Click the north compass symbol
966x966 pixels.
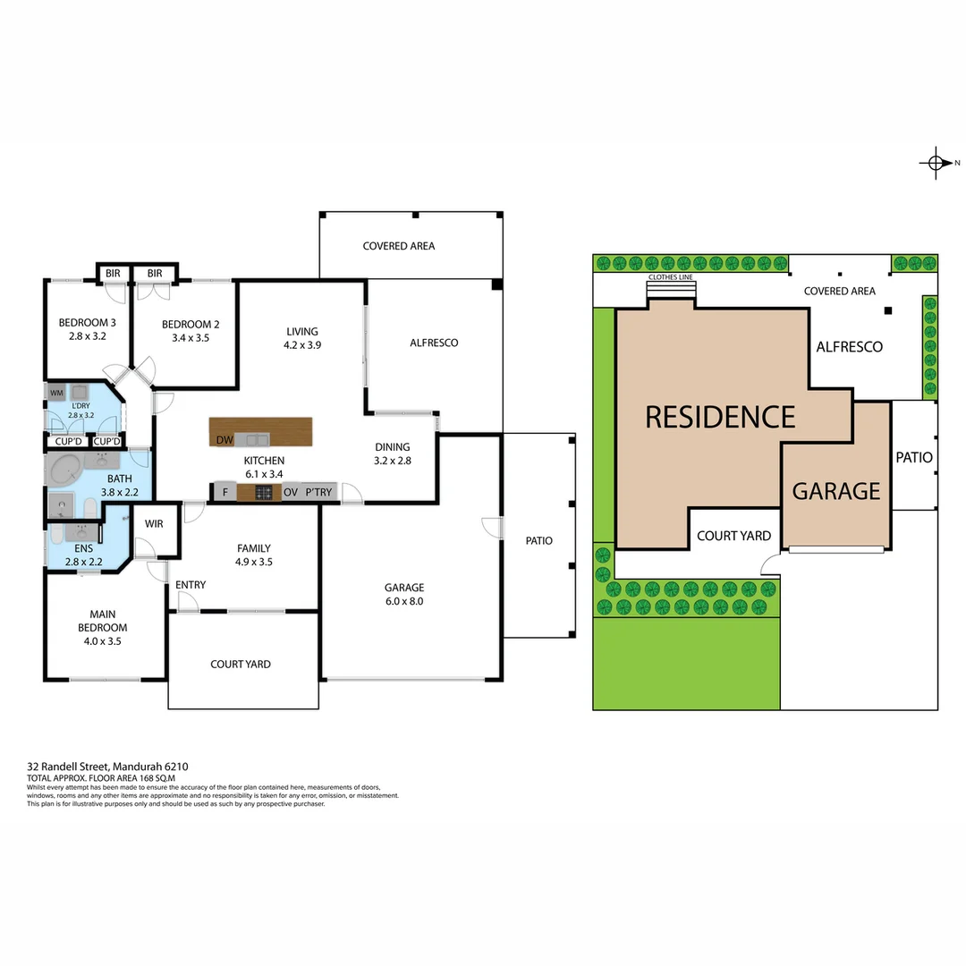point(936,163)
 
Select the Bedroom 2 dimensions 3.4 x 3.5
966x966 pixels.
point(190,338)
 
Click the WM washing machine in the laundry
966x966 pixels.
point(56,393)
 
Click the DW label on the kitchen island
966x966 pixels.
point(224,439)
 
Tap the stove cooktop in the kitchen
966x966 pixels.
point(265,492)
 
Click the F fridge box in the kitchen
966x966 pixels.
point(225,492)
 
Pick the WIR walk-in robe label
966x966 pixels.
point(154,523)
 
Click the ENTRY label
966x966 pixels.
point(191,585)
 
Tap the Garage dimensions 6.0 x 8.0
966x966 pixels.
point(403,602)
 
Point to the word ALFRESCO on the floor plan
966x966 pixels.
point(434,343)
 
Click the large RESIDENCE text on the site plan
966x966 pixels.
point(720,417)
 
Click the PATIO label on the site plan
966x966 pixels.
point(914,457)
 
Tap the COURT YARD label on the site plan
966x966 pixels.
point(733,536)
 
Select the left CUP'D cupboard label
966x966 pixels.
point(69,442)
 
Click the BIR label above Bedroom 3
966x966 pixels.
point(113,273)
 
